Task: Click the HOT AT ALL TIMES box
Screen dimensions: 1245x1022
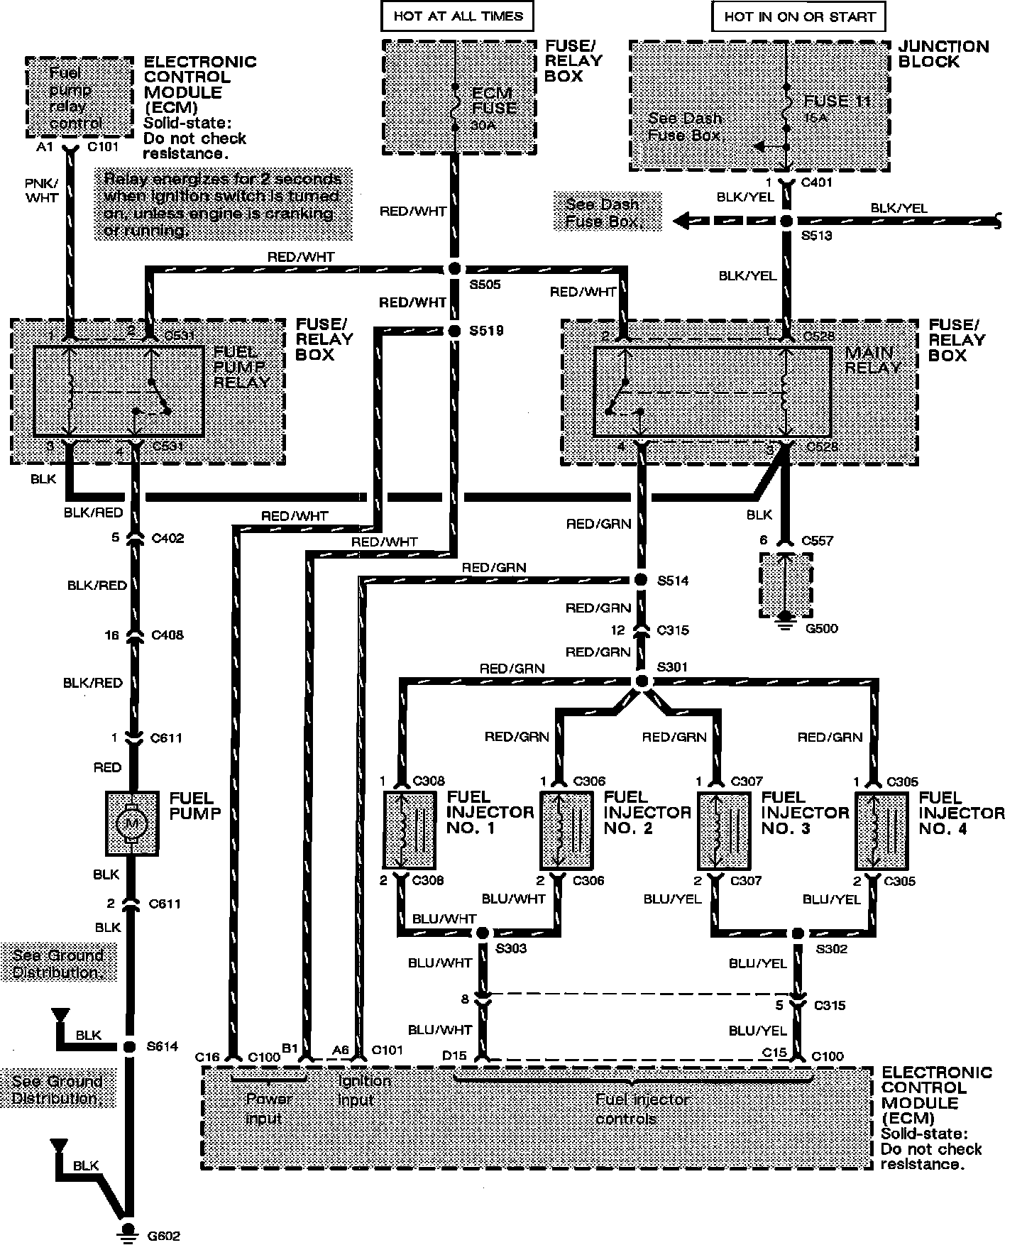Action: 458,16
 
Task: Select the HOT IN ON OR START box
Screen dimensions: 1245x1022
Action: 799,17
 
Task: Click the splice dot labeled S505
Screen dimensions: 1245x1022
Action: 454,269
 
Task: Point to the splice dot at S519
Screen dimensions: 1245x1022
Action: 454,331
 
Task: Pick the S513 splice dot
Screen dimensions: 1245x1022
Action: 786,221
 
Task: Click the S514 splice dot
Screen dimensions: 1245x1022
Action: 641,580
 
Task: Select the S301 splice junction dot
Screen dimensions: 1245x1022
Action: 641,682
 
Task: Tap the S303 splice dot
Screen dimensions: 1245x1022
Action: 483,933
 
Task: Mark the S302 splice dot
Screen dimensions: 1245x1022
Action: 798,933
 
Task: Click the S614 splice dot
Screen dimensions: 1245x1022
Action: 129,1046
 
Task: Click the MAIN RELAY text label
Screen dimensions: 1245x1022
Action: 872,360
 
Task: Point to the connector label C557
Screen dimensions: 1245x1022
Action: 817,540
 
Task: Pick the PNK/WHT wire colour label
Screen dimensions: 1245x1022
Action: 42,190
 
